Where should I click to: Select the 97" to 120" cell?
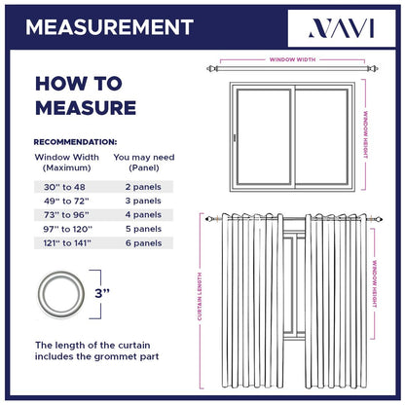tap(64, 229)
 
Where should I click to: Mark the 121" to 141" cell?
tap(64, 242)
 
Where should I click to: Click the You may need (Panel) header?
tap(143, 162)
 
